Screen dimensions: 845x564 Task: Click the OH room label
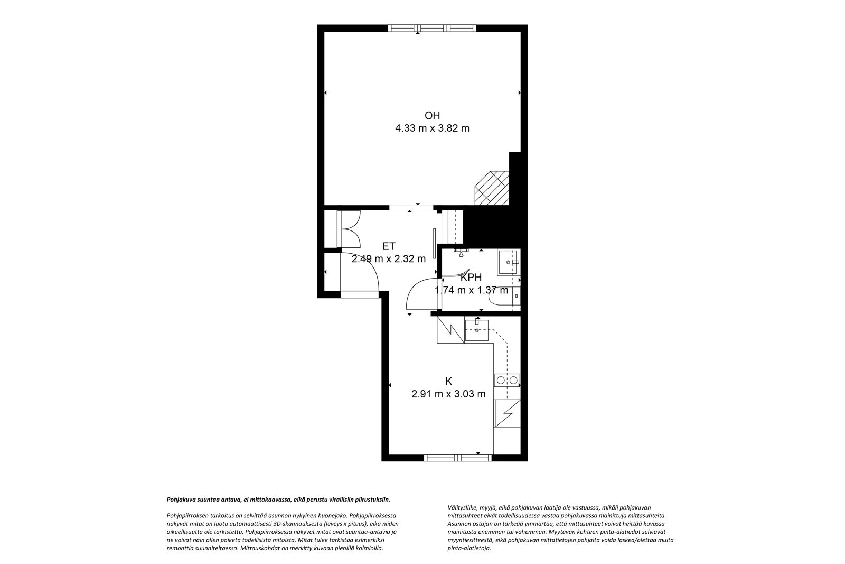[433, 115]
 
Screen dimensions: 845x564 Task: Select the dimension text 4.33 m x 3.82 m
[433, 128]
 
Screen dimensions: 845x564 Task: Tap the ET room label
[389, 246]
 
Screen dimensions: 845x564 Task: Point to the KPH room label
[471, 278]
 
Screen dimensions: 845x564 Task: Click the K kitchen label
[448, 381]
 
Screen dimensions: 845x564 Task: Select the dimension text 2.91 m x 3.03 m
[448, 394]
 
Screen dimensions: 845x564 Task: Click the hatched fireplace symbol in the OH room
[492, 188]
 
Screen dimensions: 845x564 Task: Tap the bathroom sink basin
[508, 262]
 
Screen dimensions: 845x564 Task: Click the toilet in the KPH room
[505, 297]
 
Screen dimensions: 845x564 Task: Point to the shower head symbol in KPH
[461, 253]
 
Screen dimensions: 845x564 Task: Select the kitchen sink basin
[477, 330]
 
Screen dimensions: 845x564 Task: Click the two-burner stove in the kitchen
[507, 381]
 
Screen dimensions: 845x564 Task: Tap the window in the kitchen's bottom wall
[458, 458]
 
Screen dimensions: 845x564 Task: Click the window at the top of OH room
[433, 28]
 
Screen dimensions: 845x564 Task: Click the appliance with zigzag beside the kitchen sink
[451, 329]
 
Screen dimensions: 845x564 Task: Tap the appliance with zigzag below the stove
[507, 414]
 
